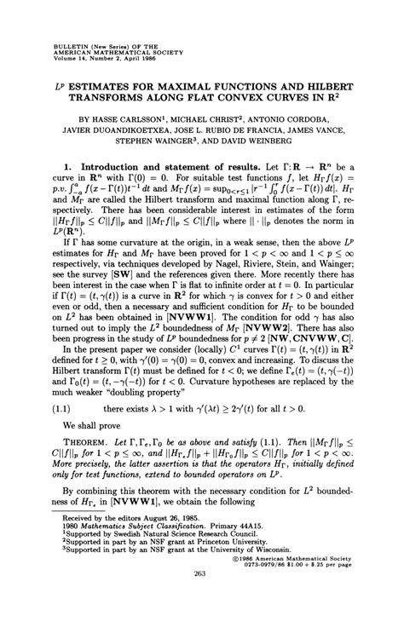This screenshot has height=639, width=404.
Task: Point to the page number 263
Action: (202, 621)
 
